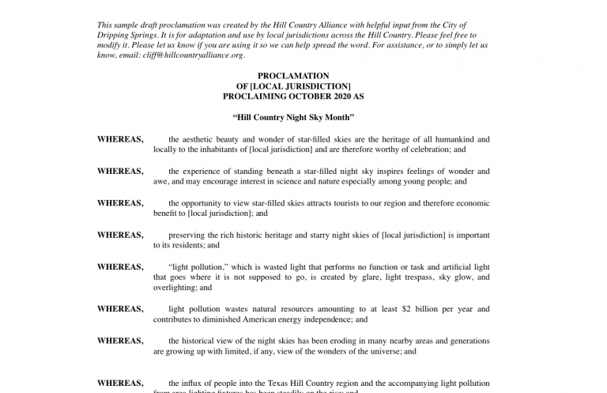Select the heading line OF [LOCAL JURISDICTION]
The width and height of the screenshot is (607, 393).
(292, 86)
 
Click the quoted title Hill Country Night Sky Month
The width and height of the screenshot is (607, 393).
(292, 118)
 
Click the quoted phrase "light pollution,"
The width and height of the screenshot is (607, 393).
(195, 267)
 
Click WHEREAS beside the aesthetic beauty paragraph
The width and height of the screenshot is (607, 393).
(120, 139)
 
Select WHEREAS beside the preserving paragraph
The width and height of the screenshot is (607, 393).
(120, 235)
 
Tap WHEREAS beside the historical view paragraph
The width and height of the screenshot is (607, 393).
(120, 341)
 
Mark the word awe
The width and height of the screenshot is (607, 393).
(160, 181)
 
